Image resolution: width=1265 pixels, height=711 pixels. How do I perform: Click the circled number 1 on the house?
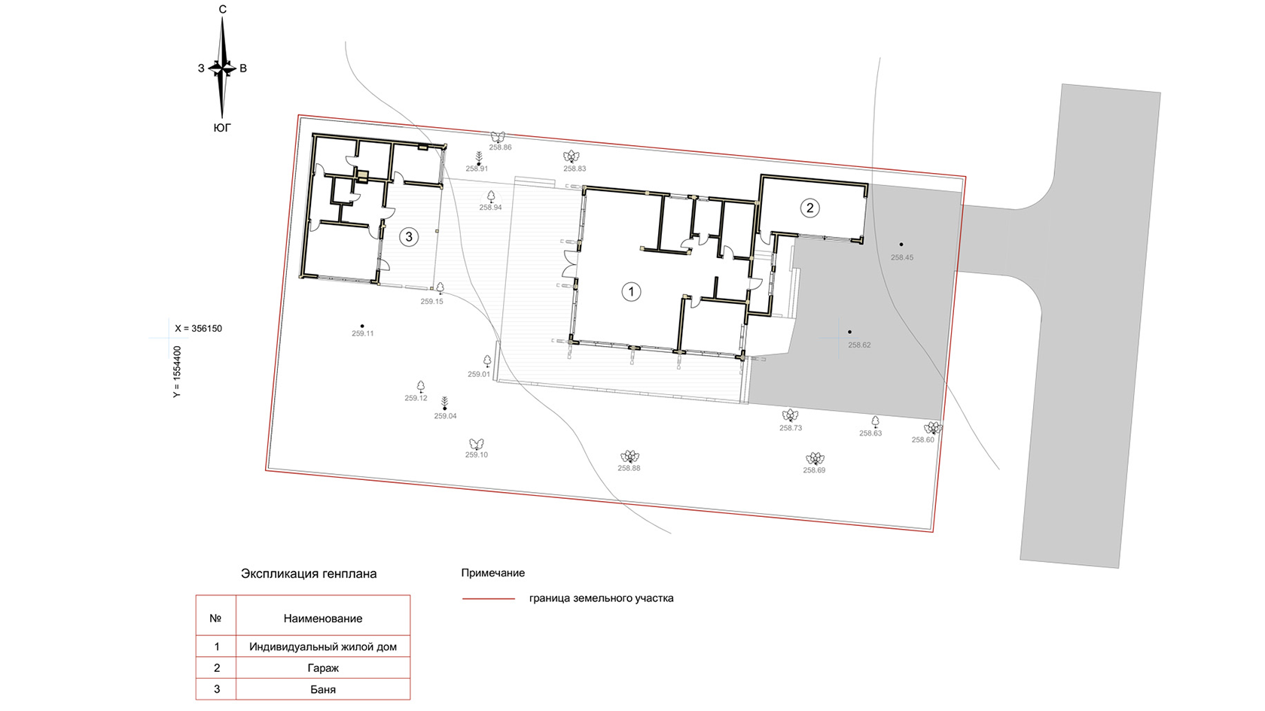631,292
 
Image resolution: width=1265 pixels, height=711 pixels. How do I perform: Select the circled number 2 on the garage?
809,208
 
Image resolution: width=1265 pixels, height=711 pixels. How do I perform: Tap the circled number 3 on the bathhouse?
409,237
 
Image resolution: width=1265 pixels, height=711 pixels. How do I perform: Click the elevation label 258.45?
902,257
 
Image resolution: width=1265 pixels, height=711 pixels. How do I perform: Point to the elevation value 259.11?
363,333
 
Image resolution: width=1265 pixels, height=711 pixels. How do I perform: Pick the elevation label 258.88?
629,468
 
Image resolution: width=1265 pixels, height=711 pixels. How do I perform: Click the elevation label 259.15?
431,301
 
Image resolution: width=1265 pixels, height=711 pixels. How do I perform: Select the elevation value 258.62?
859,345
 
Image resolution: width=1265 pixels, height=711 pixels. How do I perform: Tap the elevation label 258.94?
490,207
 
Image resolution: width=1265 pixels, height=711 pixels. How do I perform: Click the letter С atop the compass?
223,10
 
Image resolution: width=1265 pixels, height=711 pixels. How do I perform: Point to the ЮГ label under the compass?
223,128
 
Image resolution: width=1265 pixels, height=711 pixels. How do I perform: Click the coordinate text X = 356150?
198,328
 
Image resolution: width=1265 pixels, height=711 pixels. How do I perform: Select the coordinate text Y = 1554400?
177,372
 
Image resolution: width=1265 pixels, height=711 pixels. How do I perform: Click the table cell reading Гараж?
323,668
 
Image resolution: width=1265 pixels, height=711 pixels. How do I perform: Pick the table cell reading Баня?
323,689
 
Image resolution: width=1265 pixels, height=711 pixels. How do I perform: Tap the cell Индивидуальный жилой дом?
323,647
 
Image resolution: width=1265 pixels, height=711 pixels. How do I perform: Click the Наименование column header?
323,618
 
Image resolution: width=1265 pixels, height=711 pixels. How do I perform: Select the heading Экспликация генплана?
309,573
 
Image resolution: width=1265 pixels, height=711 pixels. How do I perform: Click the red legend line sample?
489,598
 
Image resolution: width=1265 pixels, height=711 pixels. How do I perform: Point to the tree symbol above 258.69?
815,458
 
